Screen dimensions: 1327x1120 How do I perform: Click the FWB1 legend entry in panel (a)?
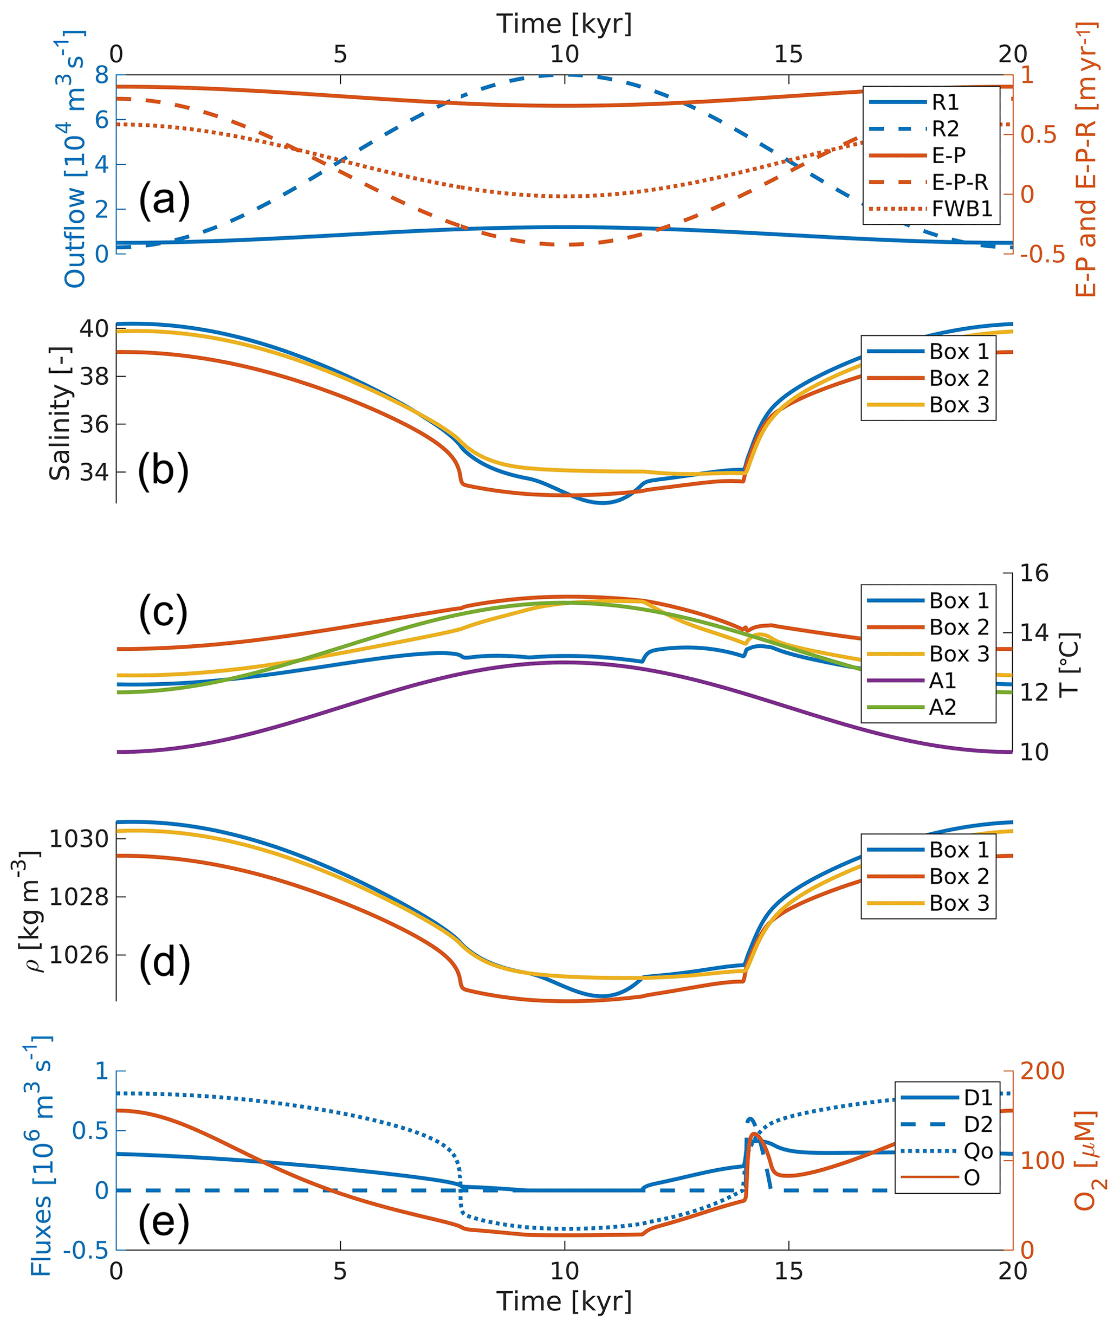(x=961, y=209)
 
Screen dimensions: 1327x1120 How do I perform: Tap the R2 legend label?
(x=945, y=129)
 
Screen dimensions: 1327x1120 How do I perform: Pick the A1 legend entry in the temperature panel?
(x=942, y=681)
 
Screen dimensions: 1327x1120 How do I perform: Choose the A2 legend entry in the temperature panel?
(x=942, y=707)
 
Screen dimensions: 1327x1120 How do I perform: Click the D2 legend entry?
(x=978, y=1124)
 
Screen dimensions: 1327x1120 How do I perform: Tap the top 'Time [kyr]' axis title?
(x=564, y=24)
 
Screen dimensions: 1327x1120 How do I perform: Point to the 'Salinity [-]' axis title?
(x=60, y=413)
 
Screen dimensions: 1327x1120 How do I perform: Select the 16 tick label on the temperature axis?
(x=1034, y=573)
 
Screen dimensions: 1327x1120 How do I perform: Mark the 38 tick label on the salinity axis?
(x=93, y=377)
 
